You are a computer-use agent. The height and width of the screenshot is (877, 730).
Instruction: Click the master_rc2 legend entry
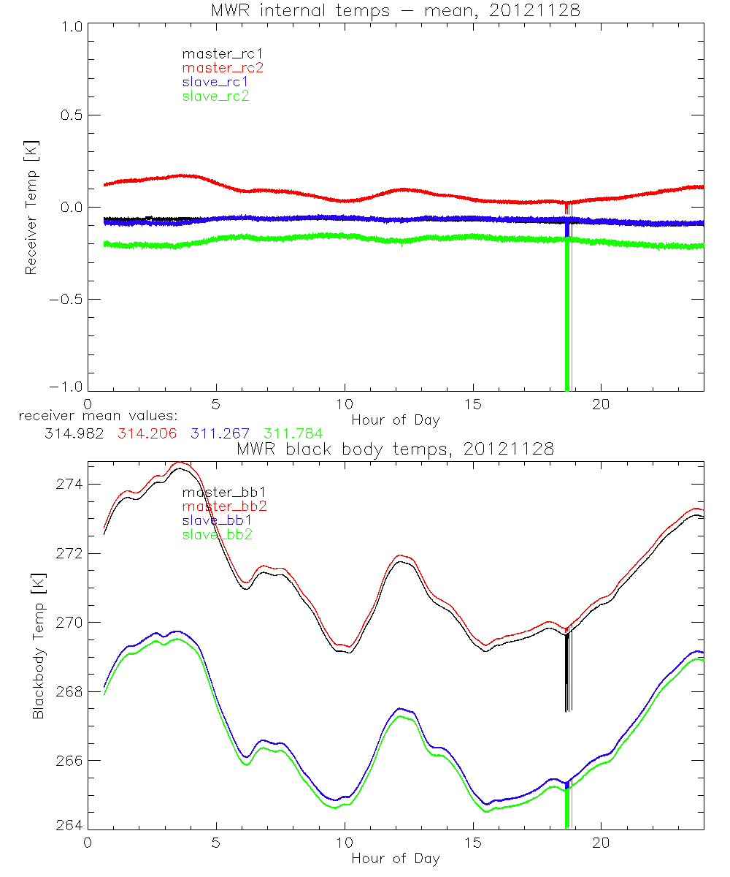coord(223,68)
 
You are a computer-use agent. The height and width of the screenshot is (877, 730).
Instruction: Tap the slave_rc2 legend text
coord(215,96)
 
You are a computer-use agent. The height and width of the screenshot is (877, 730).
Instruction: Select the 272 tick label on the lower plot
coord(69,553)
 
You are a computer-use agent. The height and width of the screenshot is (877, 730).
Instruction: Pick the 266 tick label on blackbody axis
coord(69,760)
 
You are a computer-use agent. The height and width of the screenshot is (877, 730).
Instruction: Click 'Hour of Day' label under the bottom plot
coord(396,859)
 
